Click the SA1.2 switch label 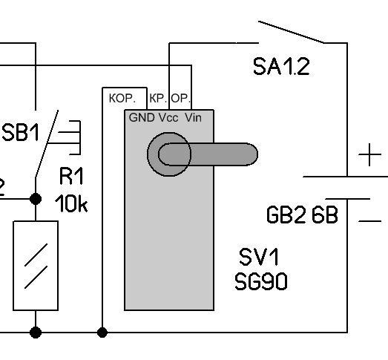click(281, 66)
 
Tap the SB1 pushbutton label click(21, 132)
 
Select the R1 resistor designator click(71, 176)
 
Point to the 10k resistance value click(71, 203)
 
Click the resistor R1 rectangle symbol click(36, 266)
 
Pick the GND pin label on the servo click(142, 117)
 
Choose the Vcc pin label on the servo click(168, 117)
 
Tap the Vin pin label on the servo click(193, 117)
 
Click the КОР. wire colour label click(122, 99)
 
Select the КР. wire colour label click(158, 99)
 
